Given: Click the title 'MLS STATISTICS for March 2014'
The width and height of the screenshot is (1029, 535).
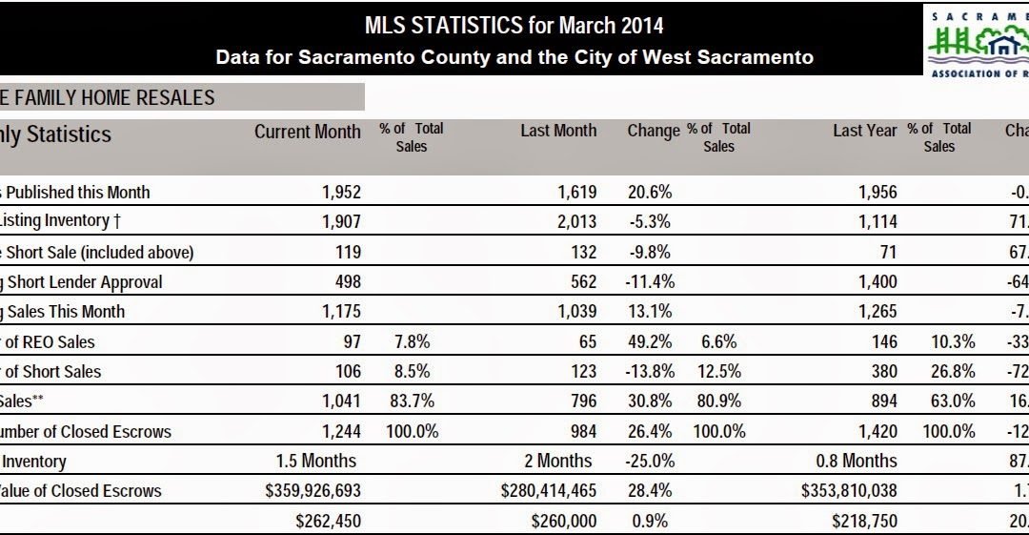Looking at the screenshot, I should point(514,25).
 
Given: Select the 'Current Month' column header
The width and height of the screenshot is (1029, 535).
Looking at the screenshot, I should point(307,132).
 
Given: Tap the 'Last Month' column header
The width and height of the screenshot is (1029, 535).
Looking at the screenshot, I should point(558,132).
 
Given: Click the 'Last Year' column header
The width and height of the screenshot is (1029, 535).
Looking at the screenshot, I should point(864,132).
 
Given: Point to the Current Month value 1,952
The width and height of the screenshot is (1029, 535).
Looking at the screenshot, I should point(342,192).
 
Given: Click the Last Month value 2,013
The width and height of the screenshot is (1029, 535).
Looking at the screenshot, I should point(577,222).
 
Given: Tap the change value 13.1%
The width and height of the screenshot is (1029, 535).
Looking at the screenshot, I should point(650,311).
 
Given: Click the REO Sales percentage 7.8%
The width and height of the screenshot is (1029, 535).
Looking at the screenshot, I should point(411,341).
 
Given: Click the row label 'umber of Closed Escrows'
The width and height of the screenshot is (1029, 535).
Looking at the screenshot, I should point(86,431).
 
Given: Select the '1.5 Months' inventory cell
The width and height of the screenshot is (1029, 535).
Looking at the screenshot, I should point(315,461).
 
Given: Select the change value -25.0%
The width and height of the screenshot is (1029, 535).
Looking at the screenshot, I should point(650,461).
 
